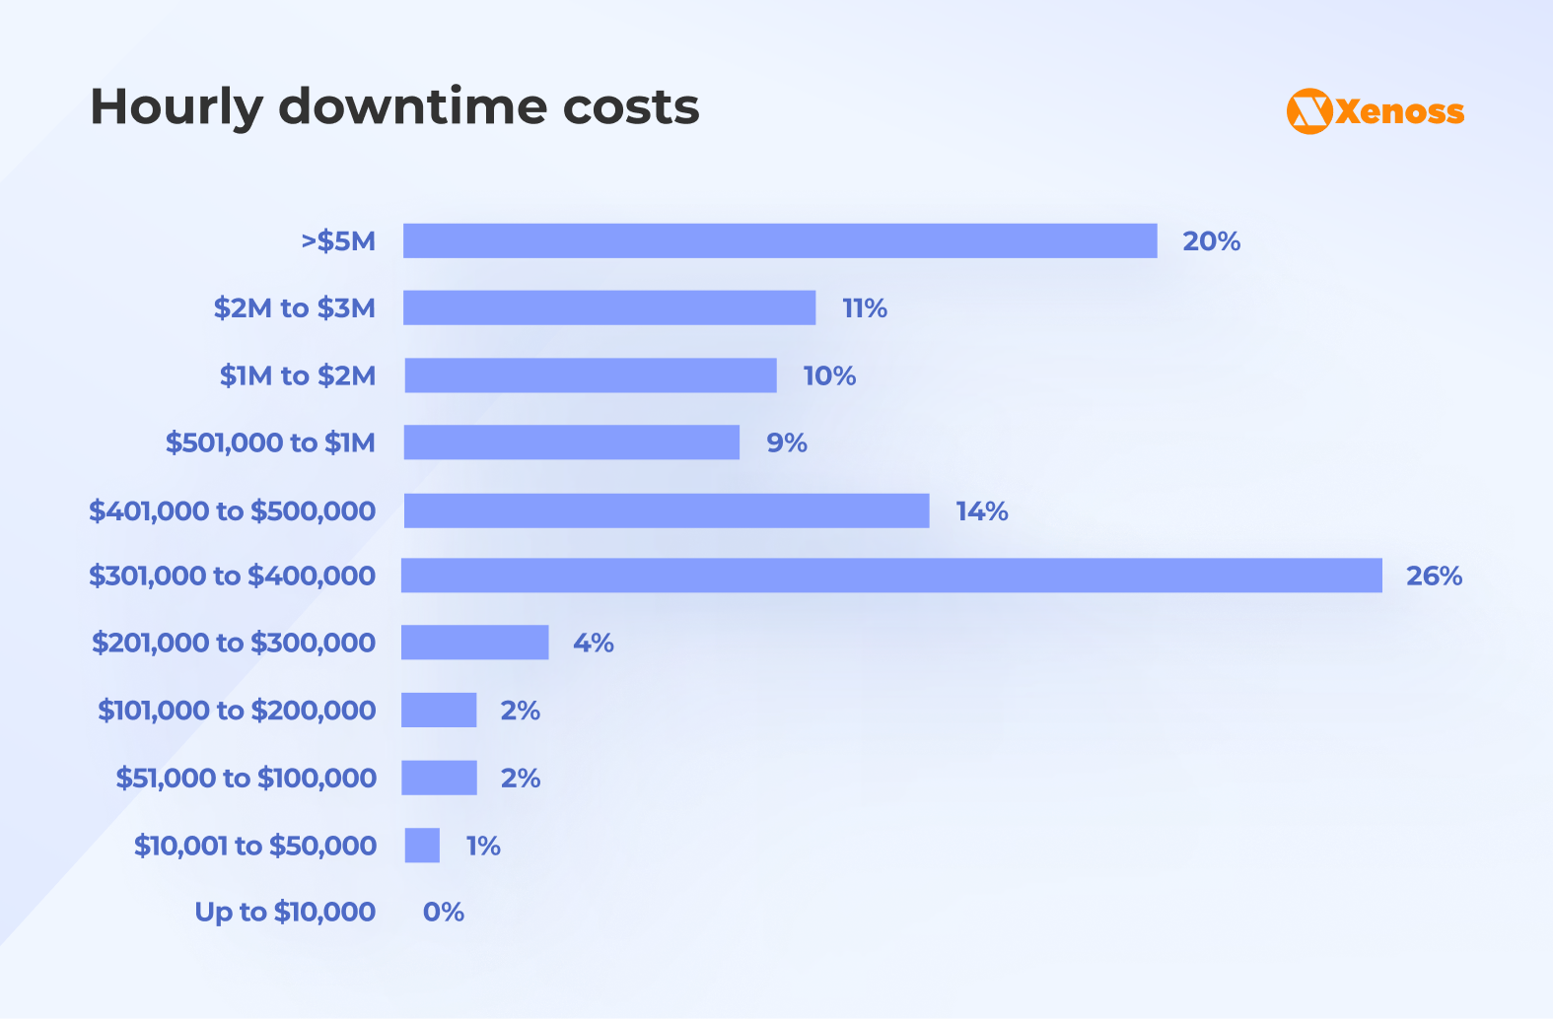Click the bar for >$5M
tap(779, 240)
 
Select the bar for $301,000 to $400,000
tap(891, 576)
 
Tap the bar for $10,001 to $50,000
tap(422, 846)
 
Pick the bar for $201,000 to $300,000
tap(474, 643)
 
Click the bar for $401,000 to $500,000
tap(667, 510)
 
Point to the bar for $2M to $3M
tap(609, 307)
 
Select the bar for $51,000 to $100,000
tap(439, 778)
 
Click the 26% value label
tap(1434, 576)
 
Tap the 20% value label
tap(1211, 241)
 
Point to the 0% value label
tap(444, 912)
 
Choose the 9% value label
tap(787, 442)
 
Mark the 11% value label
tap(865, 308)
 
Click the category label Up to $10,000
tap(285, 912)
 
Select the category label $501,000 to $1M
tap(270, 442)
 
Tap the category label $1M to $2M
tap(297, 375)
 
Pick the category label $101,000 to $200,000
tap(237, 710)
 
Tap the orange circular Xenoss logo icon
tap(1309, 111)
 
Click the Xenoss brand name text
tap(1400, 111)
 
